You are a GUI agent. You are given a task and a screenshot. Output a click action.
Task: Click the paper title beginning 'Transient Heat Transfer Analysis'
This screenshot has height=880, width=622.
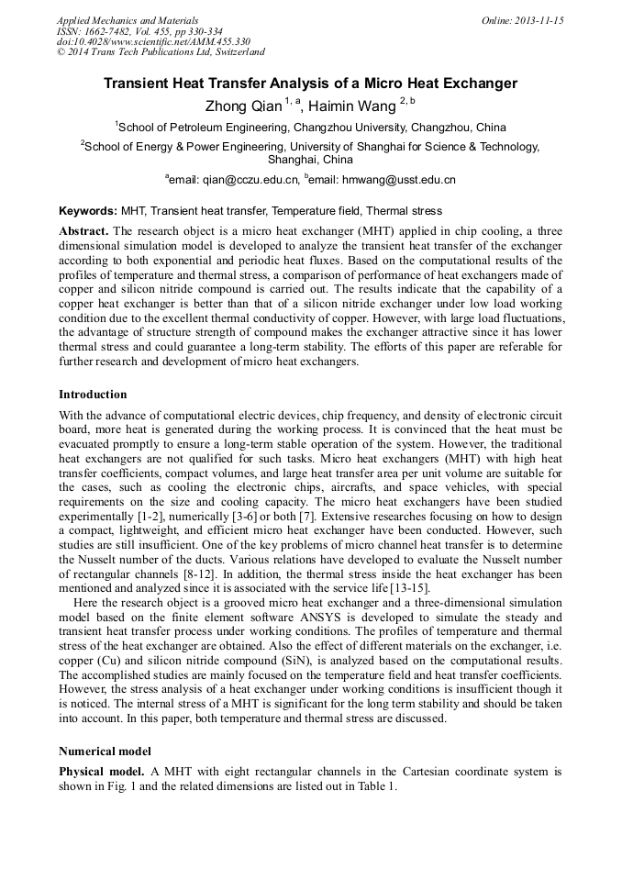[310, 84]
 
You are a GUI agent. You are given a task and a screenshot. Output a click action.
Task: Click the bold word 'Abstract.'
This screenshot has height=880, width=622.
[83, 230]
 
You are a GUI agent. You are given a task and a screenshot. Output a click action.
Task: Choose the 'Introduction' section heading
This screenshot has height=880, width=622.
[93, 395]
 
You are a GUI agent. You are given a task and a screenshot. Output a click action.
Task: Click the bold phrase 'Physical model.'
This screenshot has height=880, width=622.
[101, 772]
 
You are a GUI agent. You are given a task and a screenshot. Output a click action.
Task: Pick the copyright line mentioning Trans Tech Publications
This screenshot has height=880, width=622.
[161, 51]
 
